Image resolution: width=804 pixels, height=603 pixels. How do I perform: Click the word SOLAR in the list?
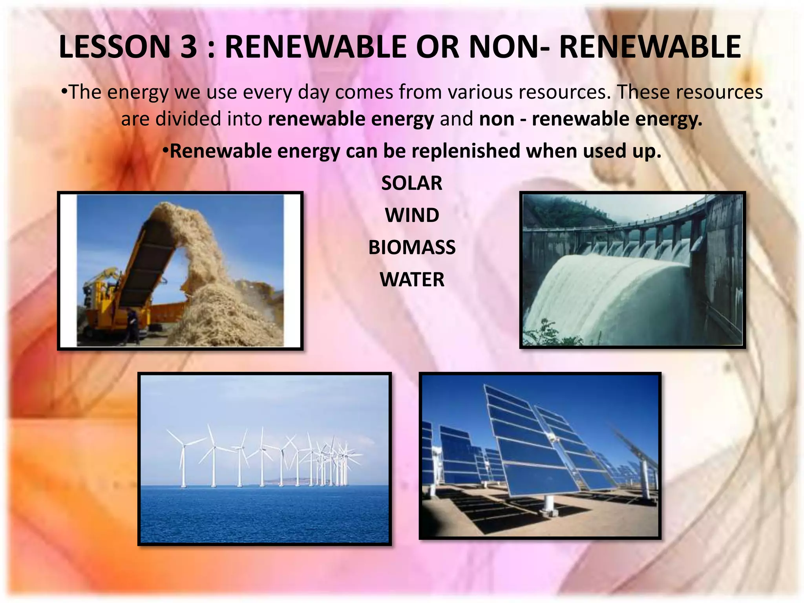click(412, 183)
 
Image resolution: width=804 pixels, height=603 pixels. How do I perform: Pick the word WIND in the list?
click(412, 216)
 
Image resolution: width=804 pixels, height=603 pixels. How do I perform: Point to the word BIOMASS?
click(412, 248)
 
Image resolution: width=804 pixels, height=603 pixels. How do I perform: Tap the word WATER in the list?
click(412, 280)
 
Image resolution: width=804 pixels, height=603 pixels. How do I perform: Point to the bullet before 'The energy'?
click(64, 91)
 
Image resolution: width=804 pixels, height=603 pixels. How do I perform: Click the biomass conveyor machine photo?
click(180, 270)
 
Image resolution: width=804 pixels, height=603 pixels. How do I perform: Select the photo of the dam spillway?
click(632, 270)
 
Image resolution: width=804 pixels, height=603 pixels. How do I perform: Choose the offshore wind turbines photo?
click(264, 459)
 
